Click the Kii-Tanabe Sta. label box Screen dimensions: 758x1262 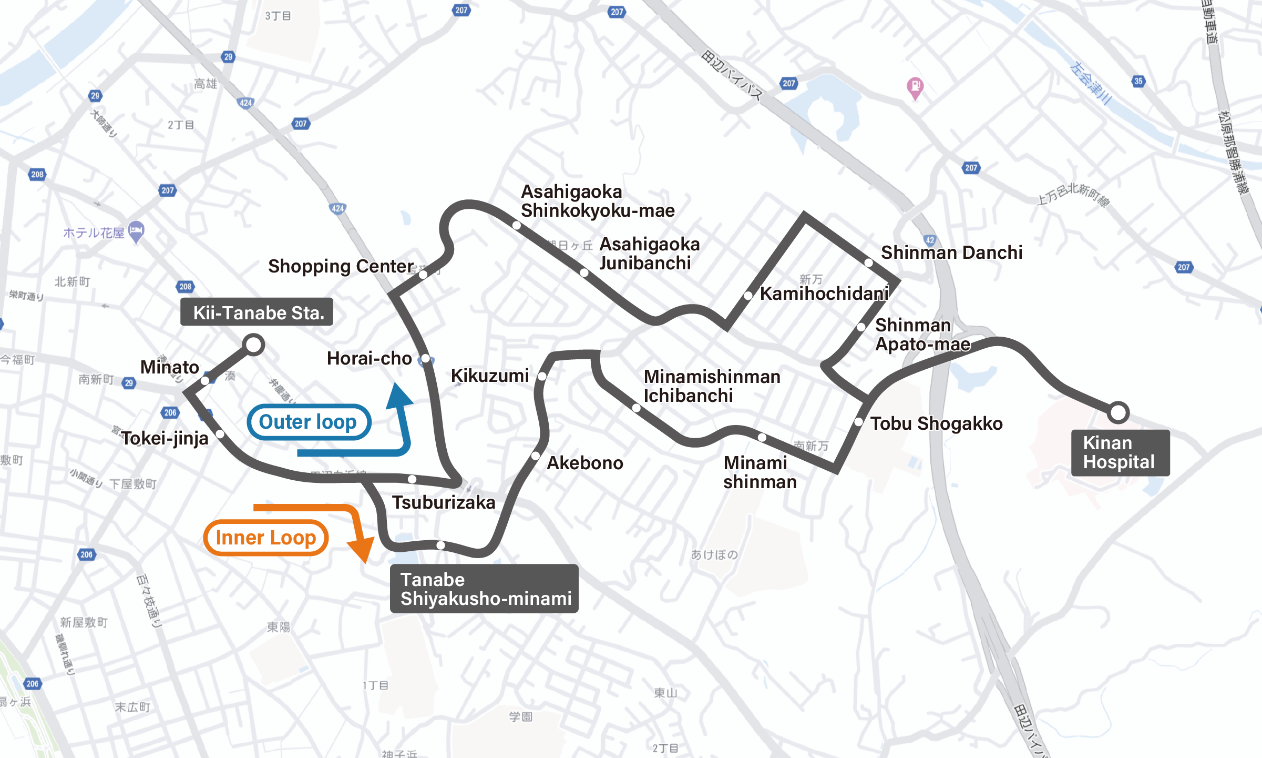(x=256, y=312)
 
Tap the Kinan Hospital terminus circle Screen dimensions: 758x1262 (x=1118, y=412)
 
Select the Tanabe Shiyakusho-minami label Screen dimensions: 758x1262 (x=484, y=589)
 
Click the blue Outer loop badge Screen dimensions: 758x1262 (x=309, y=422)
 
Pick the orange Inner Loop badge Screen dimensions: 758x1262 (x=266, y=538)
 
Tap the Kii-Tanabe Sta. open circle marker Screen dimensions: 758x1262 (x=254, y=345)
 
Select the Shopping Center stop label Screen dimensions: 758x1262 (x=341, y=266)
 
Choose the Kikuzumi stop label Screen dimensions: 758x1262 (x=489, y=376)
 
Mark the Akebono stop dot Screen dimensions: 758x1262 (x=536, y=456)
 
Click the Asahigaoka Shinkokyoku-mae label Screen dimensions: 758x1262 (x=597, y=201)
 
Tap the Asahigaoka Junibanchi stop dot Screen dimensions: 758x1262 (x=584, y=272)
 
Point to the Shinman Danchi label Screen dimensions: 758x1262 (x=951, y=252)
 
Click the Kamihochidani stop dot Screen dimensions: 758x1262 (x=748, y=296)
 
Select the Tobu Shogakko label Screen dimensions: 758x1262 (x=936, y=423)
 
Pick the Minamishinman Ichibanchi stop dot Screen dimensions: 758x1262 (x=636, y=408)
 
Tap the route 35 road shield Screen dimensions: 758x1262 (x=1138, y=81)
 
